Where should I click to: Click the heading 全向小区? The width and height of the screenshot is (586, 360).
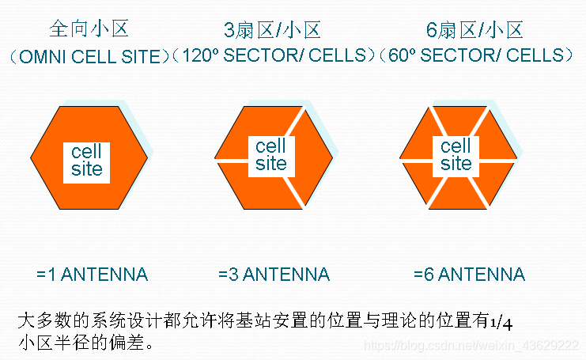89,30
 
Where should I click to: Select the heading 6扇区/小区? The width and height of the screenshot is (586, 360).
474,30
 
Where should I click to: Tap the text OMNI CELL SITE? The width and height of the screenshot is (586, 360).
88,57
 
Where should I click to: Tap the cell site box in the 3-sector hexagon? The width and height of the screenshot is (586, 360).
271,154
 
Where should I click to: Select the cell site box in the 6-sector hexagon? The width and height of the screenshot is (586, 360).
456,155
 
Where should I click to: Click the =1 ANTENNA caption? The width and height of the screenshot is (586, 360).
92,275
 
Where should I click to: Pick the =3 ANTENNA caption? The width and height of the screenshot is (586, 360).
274,275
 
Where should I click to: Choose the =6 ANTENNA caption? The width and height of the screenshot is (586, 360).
468,275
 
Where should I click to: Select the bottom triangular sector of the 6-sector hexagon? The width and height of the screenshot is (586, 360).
456,194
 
